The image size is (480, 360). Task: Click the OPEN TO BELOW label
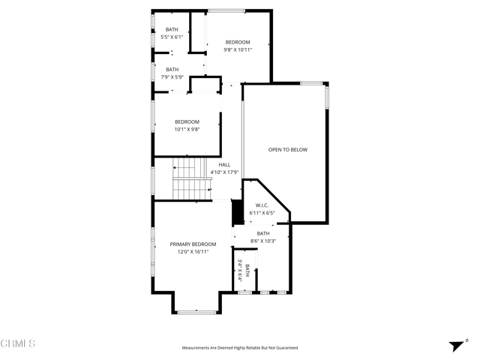[288, 150]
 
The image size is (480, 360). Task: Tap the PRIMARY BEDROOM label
[193, 244]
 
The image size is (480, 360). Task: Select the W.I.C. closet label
[262, 205]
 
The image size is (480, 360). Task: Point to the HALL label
[224, 165]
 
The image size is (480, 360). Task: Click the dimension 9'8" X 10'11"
[238, 50]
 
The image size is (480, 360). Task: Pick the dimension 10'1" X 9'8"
[187, 129]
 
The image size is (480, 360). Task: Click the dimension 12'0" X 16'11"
[193, 252]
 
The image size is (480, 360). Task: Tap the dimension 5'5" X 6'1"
[172, 37]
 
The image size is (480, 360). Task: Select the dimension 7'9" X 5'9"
[172, 76]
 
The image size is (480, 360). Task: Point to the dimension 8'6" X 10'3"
[263, 241]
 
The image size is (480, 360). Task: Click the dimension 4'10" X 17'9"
[224, 172]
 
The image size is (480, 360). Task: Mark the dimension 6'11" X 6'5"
[262, 213]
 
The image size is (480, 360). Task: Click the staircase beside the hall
[190, 180]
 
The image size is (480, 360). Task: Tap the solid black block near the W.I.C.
[237, 212]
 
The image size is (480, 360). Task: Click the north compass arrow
[456, 345]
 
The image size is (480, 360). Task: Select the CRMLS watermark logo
[19, 343]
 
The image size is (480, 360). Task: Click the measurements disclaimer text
[240, 348]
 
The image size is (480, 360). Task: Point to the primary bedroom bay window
[197, 310]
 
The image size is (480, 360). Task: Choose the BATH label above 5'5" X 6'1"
[172, 29]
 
